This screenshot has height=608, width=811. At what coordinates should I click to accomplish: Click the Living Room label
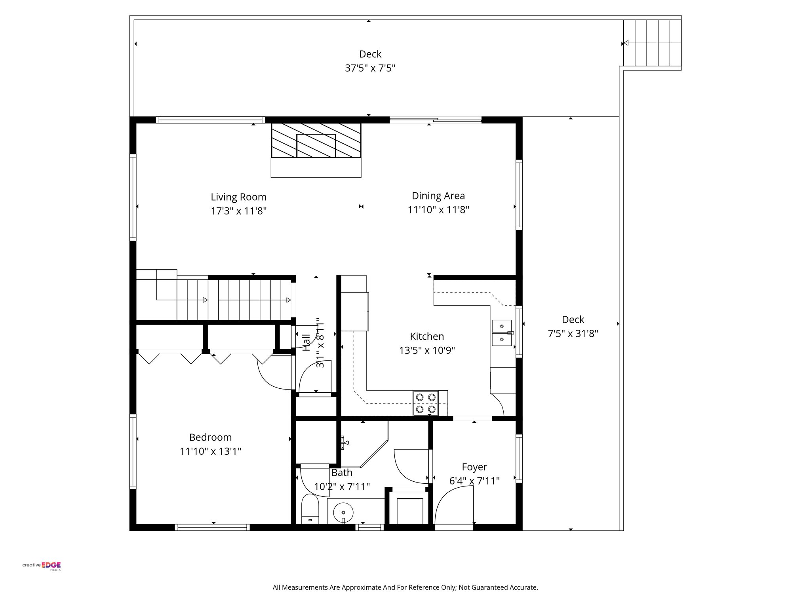coord(238,197)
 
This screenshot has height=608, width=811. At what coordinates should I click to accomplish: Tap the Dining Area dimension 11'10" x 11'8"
coord(438,210)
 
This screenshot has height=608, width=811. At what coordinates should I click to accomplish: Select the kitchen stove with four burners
coord(426,403)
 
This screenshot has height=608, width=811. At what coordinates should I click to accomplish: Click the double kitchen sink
coord(502,333)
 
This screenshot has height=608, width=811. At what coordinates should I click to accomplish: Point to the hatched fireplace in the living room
coord(316,141)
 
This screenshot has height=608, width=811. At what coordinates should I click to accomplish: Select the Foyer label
coord(474,467)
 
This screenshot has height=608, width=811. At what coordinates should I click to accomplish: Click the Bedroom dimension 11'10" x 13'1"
coord(210,451)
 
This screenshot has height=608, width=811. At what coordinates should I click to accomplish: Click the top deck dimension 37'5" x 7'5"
coord(370,68)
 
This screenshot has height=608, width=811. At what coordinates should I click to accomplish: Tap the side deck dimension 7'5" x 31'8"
coord(573,334)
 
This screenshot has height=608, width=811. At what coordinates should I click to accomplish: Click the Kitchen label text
coord(426,336)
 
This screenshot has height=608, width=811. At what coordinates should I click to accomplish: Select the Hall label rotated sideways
coord(307,342)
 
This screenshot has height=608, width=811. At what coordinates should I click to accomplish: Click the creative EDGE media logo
coord(42,566)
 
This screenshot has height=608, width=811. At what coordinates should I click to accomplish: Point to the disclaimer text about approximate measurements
coord(405,587)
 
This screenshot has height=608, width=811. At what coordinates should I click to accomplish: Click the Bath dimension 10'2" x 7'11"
coord(342,486)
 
